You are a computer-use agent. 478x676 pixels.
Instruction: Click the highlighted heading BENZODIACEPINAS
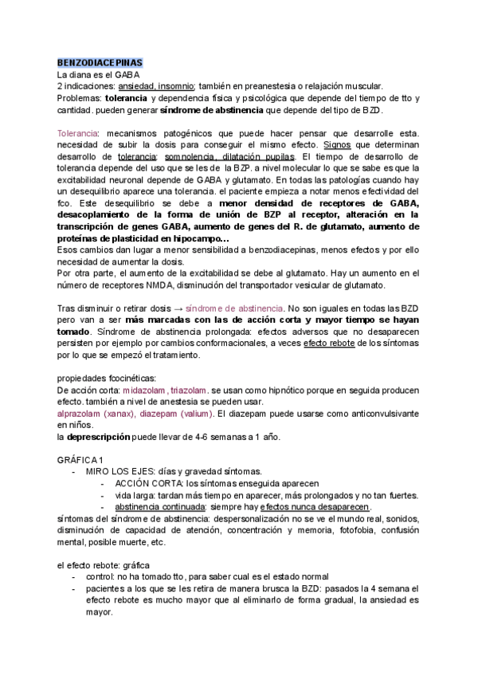[x=100, y=62]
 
